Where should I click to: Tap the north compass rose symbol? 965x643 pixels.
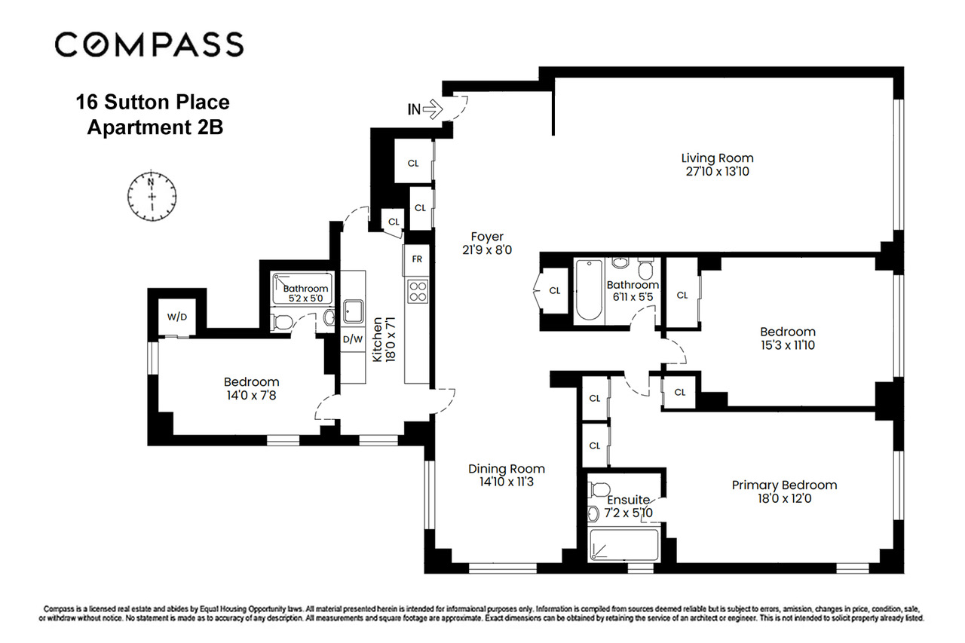point(152,191)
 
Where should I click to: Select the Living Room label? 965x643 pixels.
point(717,158)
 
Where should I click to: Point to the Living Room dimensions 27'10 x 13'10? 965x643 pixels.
point(717,172)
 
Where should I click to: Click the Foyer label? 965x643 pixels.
point(486,237)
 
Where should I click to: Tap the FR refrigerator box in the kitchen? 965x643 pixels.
point(417,259)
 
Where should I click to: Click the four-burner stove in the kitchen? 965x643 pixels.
point(417,290)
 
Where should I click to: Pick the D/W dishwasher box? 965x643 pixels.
point(353,339)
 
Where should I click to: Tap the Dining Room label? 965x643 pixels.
point(506,469)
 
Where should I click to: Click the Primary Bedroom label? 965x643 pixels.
point(784,485)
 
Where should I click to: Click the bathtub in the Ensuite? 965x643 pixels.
point(623,545)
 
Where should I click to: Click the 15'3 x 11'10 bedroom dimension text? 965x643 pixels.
point(787,346)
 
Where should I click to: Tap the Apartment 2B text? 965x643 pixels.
point(155,127)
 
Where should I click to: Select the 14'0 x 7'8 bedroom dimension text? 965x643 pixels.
point(251,396)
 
